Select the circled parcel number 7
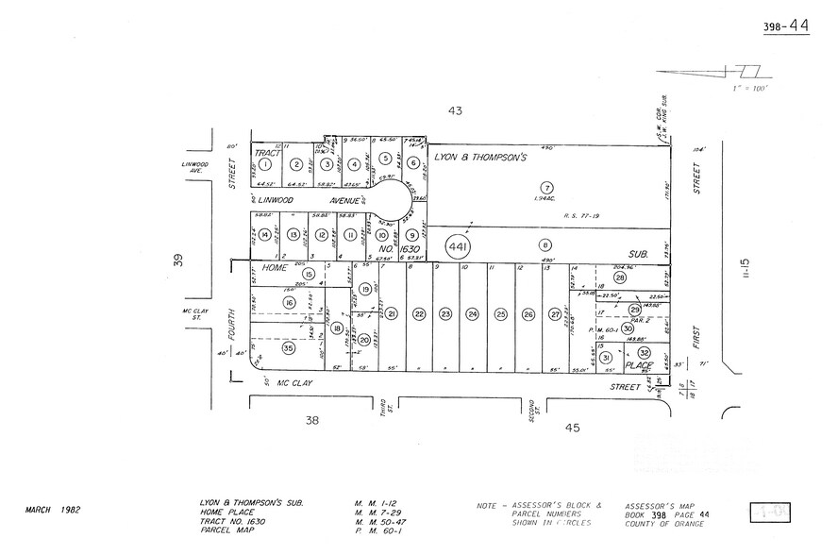pyautogui.click(x=546, y=187)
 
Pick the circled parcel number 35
pyautogui.click(x=288, y=348)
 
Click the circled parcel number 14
pyautogui.click(x=266, y=235)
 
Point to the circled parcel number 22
pyautogui.click(x=419, y=314)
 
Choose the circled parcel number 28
pyautogui.click(x=620, y=277)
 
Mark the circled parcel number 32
pyautogui.click(x=644, y=352)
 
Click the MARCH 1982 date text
pyautogui.click(x=53, y=510)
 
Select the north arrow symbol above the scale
pyautogui.click(x=717, y=72)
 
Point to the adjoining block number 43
pyautogui.click(x=455, y=111)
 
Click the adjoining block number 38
pyautogui.click(x=310, y=424)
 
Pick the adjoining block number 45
pyautogui.click(x=570, y=427)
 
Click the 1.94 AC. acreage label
pyautogui.click(x=545, y=200)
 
